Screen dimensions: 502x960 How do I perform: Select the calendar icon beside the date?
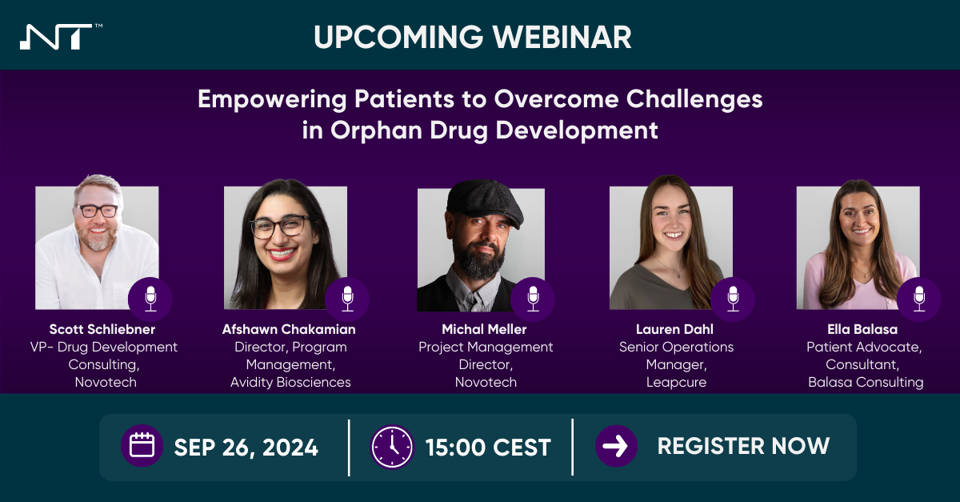[x=142, y=446]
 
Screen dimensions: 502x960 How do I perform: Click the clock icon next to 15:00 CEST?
[x=392, y=447]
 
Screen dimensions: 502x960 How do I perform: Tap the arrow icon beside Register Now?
[x=616, y=446]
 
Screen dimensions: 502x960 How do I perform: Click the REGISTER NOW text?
[x=743, y=446]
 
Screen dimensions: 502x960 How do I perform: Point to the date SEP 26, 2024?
[x=246, y=447]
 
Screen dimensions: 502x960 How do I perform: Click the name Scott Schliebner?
[x=103, y=329]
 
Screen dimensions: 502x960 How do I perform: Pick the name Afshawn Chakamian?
[x=290, y=329]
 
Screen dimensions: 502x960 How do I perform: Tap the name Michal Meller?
[x=486, y=329]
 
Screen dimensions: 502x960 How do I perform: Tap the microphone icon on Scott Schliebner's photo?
[x=150, y=299]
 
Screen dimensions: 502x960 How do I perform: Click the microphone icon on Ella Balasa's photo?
[x=918, y=299]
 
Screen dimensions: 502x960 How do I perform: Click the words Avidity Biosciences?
[x=290, y=382]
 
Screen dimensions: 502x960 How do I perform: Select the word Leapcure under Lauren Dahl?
[x=676, y=382]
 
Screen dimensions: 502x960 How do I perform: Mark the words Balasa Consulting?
[x=865, y=382]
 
